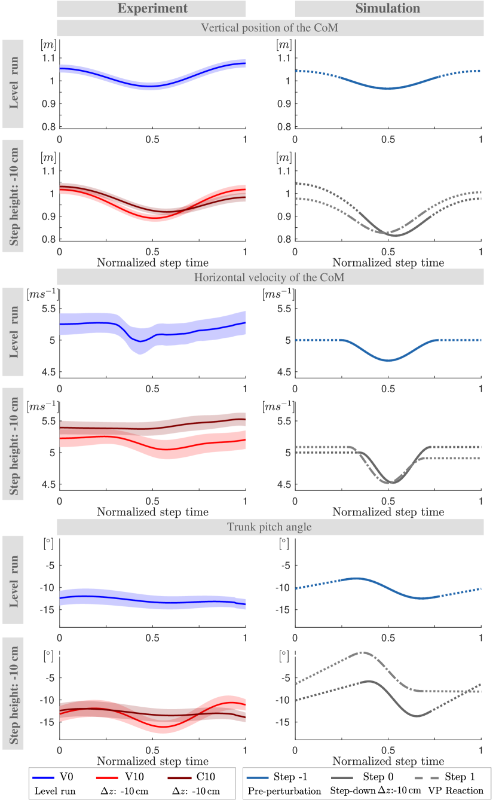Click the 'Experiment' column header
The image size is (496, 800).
(x=152, y=8)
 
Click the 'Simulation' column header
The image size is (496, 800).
(x=388, y=8)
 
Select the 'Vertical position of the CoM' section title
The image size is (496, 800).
(x=270, y=28)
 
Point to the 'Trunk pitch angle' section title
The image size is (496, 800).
(x=270, y=527)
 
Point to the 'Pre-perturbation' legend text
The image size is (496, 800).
(x=276, y=790)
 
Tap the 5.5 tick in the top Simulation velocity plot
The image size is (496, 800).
(x=283, y=309)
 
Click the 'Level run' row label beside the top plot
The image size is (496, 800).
(x=13, y=83)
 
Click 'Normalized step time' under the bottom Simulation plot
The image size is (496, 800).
(x=388, y=761)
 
